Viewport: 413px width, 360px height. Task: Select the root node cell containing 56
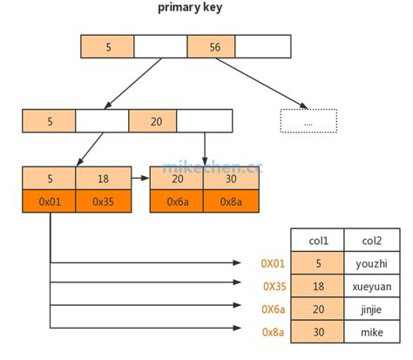(212, 47)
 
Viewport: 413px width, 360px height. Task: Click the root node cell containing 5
(107, 47)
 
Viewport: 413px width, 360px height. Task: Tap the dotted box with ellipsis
(308, 122)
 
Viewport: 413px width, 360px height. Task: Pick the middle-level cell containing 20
(155, 121)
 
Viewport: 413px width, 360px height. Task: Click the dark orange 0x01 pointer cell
(50, 200)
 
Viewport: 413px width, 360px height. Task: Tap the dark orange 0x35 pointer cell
(102, 200)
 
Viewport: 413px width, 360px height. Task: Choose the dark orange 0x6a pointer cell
(177, 200)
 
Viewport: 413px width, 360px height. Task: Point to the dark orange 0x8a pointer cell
(229, 200)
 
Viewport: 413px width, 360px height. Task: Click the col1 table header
(317, 240)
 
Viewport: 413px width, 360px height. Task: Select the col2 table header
(372, 240)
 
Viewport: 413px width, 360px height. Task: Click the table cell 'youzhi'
(372, 262)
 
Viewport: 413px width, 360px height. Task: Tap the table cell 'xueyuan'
(372, 286)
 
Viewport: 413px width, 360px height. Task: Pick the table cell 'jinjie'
(372, 309)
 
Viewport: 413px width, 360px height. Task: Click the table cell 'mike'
(372, 332)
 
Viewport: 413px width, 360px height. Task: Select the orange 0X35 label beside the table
(273, 286)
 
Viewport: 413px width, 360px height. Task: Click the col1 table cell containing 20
(317, 309)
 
